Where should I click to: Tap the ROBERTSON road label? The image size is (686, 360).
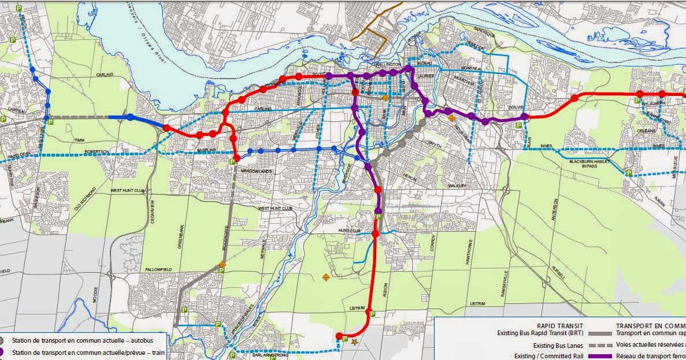[96, 151]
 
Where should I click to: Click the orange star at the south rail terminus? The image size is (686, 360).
[354, 342]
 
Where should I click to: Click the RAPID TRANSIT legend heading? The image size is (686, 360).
[560, 325]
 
